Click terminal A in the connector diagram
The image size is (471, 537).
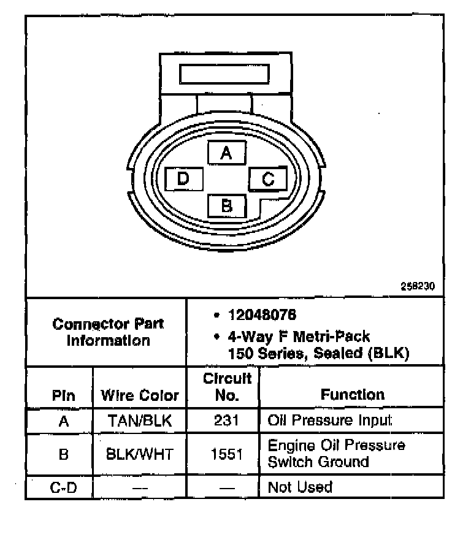(x=227, y=153)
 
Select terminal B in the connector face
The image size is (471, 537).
(x=227, y=205)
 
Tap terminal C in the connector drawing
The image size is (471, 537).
(x=267, y=179)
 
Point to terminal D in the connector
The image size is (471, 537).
(x=183, y=179)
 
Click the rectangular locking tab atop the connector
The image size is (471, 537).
(x=224, y=74)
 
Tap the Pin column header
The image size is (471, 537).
(x=64, y=395)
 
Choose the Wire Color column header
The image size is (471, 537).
(x=140, y=395)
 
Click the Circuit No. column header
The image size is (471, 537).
(x=227, y=387)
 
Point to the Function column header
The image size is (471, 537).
(x=352, y=395)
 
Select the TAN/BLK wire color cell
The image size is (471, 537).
(x=140, y=421)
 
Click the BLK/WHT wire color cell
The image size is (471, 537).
(x=140, y=454)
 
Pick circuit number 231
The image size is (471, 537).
(x=227, y=421)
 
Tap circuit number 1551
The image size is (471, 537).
(x=227, y=454)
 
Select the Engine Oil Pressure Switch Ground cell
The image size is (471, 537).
(x=336, y=454)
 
